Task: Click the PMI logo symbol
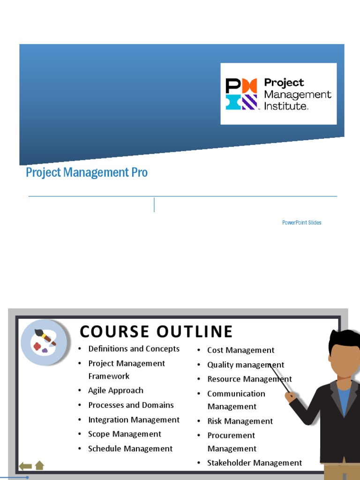[x=241, y=94]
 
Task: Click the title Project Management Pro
[x=87, y=172]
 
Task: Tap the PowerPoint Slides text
[x=301, y=223]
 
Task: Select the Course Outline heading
[x=156, y=331]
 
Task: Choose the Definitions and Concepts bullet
[x=134, y=349]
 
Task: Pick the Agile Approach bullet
[x=116, y=390]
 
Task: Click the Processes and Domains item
[x=131, y=405]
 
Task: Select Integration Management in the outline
[x=134, y=420]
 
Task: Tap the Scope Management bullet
[x=125, y=434]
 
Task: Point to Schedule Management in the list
[x=130, y=449]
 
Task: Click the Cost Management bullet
[x=240, y=350]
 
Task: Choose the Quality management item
[x=246, y=365]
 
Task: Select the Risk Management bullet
[x=240, y=421]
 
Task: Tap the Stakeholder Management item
[x=255, y=463]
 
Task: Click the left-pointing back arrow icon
[x=25, y=466]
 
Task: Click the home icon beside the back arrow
[x=39, y=465]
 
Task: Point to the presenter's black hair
[x=344, y=339]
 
